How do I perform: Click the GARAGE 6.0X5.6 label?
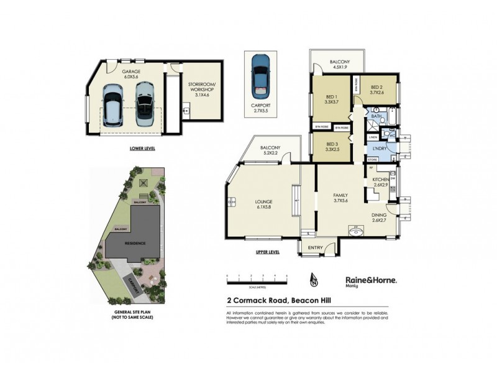click(x=131, y=74)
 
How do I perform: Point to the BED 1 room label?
click(x=331, y=99)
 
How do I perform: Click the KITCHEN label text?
click(x=380, y=182)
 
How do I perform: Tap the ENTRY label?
click(x=316, y=247)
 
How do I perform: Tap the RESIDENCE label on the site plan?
click(x=134, y=243)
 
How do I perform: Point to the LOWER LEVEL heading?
click(x=142, y=149)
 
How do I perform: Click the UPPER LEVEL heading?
click(x=268, y=252)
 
